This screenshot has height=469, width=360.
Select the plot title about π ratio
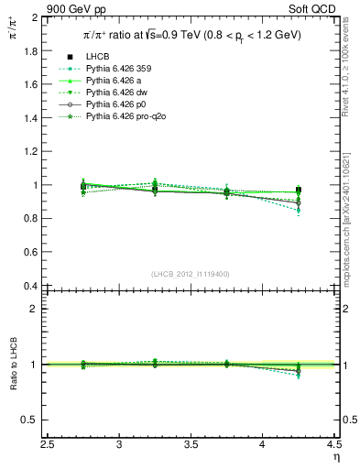click(191, 35)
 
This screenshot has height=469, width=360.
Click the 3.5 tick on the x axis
click(191, 446)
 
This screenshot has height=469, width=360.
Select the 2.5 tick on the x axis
click(49, 446)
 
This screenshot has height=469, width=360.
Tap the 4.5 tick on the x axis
click(333, 446)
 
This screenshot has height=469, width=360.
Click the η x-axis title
click(335, 458)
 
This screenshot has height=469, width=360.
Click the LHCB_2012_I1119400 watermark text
click(191, 274)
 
